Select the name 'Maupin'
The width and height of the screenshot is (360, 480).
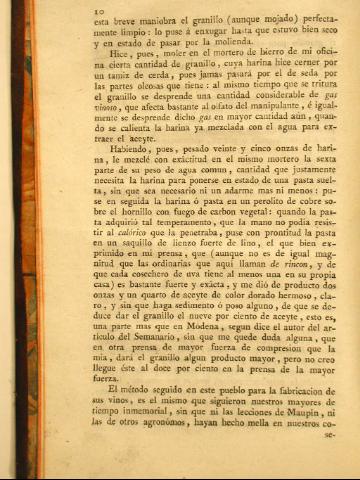coord(299,420)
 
